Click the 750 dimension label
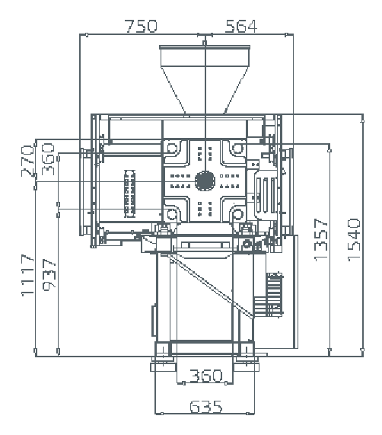click(142, 26)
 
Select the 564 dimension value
click(241, 26)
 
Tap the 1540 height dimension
click(355, 240)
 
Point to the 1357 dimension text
click(321, 240)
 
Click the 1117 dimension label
click(27, 275)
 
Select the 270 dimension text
click(27, 161)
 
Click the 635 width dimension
click(206, 407)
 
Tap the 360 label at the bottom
click(206, 376)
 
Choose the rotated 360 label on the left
click(48, 158)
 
